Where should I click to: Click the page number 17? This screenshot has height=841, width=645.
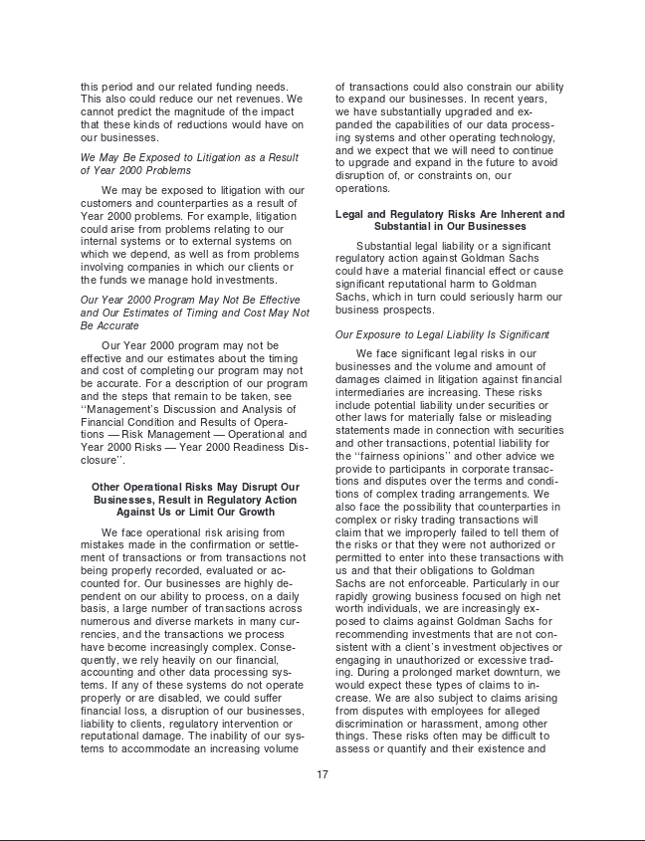[322, 774]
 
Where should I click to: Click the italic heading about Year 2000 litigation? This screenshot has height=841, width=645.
[189, 164]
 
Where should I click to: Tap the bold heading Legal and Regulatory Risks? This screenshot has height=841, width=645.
[450, 220]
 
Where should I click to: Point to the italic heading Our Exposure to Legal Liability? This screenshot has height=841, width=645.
[442, 334]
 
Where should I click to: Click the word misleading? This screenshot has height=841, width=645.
[529, 417]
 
